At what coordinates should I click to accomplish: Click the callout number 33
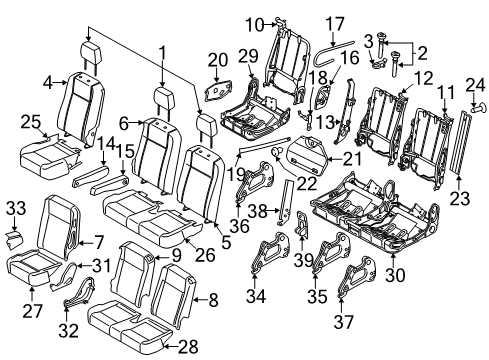(x=15, y=207)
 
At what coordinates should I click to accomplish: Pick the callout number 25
(x=30, y=121)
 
